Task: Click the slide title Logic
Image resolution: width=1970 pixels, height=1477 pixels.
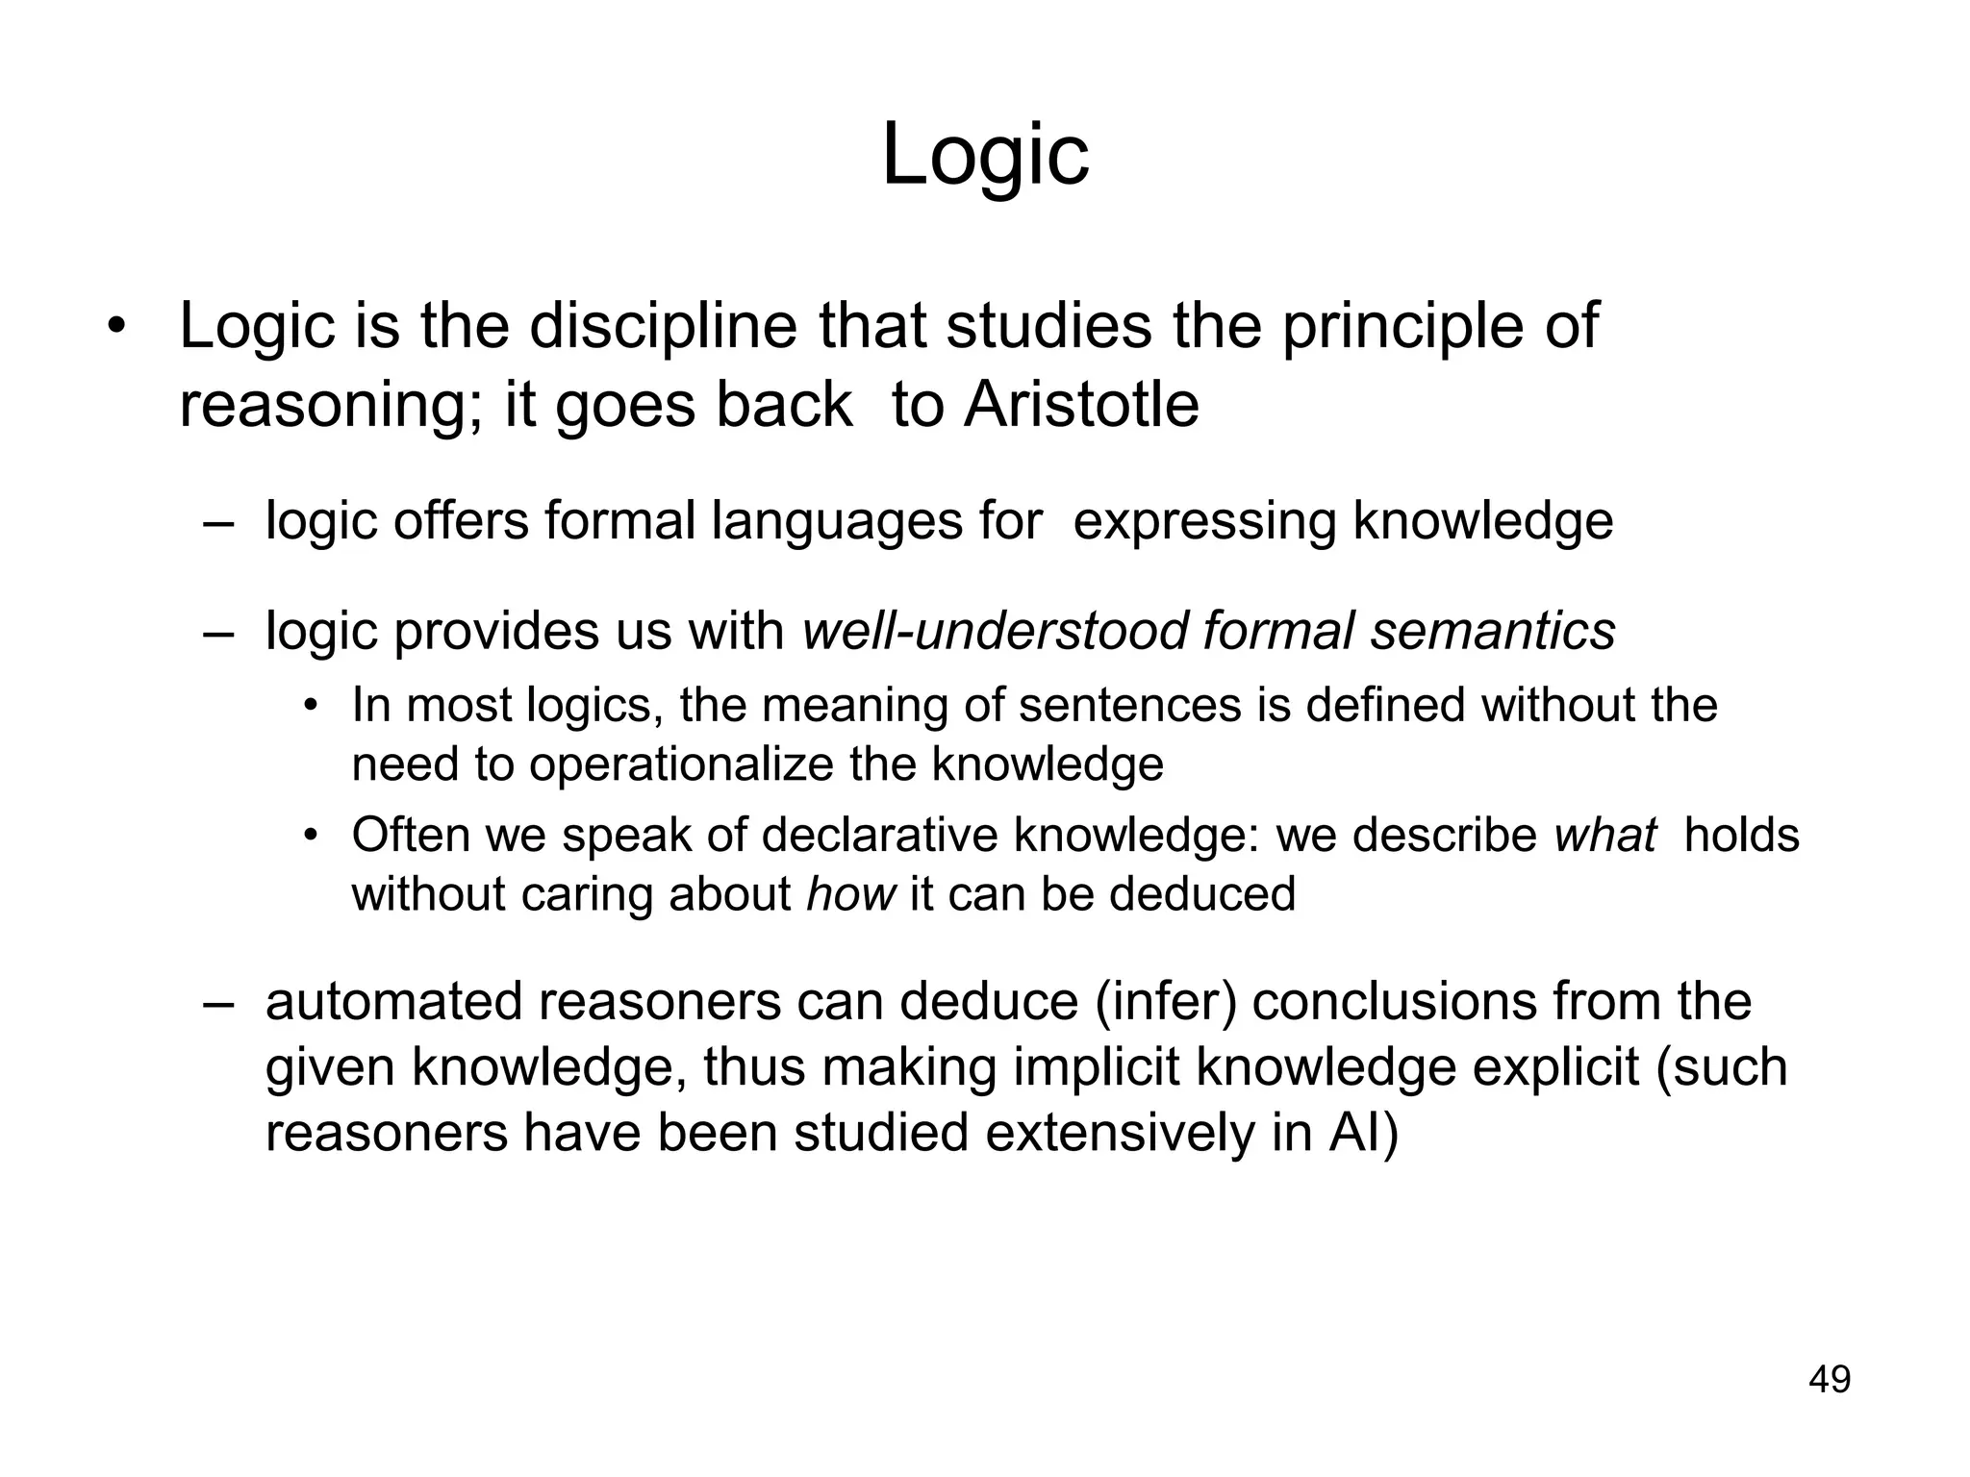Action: pyautogui.click(x=985, y=156)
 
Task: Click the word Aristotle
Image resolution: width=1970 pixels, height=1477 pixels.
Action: pyautogui.click(x=1081, y=405)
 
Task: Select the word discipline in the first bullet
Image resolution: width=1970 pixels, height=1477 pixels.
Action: pyautogui.click(x=663, y=327)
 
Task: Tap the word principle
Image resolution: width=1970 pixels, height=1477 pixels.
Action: pyautogui.click(x=1403, y=327)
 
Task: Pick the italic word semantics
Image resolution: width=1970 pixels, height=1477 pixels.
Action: pyautogui.click(x=1493, y=632)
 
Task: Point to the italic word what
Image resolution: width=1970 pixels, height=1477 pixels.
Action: pyautogui.click(x=1605, y=835)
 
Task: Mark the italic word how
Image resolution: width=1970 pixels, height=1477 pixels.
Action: pyautogui.click(x=850, y=894)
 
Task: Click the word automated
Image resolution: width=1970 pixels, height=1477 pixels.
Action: pyautogui.click(x=394, y=1001)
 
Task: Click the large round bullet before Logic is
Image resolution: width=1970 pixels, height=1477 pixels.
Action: pyautogui.click(x=116, y=327)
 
